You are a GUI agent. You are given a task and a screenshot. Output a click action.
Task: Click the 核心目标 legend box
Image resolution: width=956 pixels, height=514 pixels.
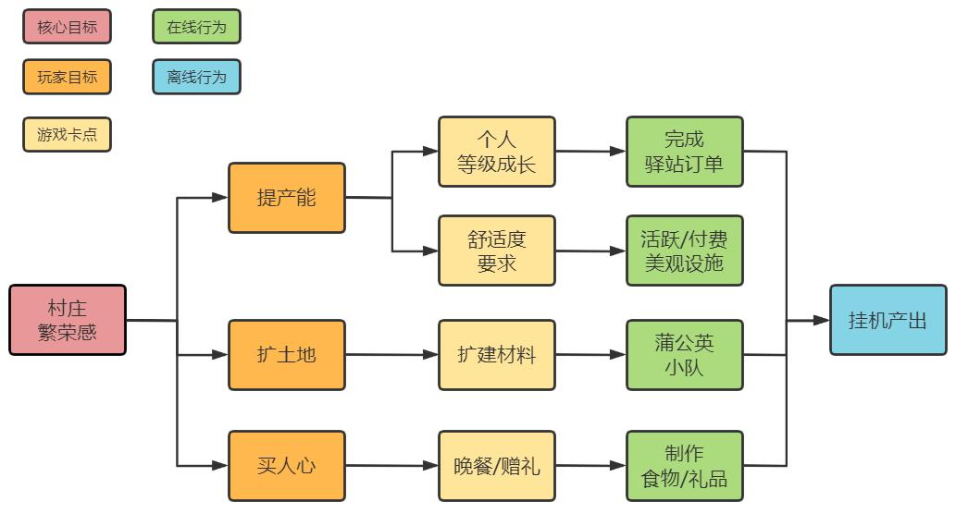pyautogui.click(x=67, y=27)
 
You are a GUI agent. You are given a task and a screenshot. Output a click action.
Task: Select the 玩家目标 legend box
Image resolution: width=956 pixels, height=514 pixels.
pyautogui.click(x=67, y=77)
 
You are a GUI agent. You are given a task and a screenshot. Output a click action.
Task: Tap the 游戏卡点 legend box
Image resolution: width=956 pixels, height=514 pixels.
pyautogui.click(x=67, y=134)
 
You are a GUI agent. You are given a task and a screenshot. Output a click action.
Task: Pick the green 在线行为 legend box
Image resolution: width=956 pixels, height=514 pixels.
pyautogui.click(x=196, y=27)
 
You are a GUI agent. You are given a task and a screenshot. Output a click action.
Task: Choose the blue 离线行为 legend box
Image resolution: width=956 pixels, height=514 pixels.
pyautogui.click(x=196, y=77)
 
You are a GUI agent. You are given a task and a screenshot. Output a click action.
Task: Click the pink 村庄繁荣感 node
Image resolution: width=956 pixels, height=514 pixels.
pyautogui.click(x=68, y=320)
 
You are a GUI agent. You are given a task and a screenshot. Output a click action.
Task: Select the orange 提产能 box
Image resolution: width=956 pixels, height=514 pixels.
pyautogui.click(x=287, y=198)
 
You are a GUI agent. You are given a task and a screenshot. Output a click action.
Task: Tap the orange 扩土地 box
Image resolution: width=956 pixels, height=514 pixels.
pyautogui.click(x=287, y=355)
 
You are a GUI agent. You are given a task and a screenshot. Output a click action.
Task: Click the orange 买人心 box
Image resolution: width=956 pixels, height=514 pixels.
pyautogui.click(x=287, y=466)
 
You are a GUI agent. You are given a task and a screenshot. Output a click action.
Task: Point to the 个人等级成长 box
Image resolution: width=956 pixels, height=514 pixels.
pyautogui.click(x=497, y=152)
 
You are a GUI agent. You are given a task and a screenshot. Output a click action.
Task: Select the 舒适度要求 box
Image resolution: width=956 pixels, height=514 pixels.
pyautogui.click(x=497, y=251)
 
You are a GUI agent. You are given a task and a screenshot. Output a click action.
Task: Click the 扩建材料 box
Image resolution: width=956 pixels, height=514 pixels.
pyautogui.click(x=497, y=355)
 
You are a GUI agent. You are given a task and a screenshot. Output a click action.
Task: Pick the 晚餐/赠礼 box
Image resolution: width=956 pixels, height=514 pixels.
pyautogui.click(x=497, y=466)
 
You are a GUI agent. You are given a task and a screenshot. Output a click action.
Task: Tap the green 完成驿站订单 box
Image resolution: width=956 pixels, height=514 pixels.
pyautogui.click(x=685, y=152)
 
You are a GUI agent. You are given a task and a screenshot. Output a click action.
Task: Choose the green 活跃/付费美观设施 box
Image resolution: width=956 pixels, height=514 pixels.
pyautogui.click(x=685, y=251)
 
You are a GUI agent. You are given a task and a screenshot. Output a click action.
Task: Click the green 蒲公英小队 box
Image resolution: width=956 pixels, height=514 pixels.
pyautogui.click(x=685, y=355)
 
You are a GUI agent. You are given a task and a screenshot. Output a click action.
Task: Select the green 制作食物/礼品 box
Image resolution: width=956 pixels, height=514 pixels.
pyautogui.click(x=685, y=466)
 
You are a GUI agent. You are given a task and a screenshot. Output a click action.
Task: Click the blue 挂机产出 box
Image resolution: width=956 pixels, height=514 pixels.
pyautogui.click(x=888, y=320)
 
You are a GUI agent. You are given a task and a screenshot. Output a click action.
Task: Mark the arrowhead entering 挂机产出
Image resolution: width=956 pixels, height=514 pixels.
pyautogui.click(x=821, y=321)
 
